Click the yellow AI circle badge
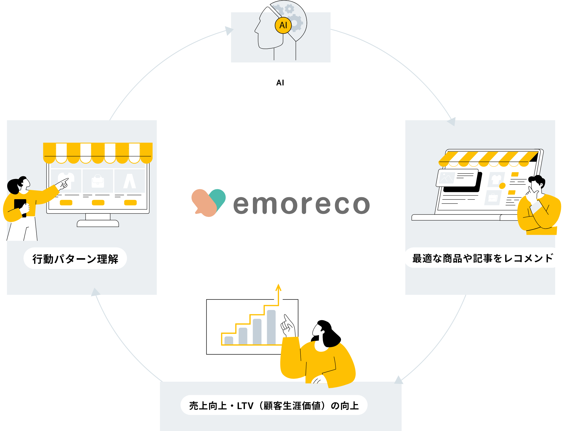coord(283,25)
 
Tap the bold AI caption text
coord(280,83)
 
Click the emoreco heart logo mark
coord(209,203)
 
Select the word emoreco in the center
coord(302,204)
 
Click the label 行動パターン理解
coord(75,259)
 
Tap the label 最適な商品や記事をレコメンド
coord(482,258)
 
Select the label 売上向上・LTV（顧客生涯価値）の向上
coord(274,406)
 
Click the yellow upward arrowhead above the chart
coord(278,288)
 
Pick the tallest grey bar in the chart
coord(271,327)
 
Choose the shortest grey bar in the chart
coord(229,340)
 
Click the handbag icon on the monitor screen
coord(98,181)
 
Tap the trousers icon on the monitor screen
coord(129,181)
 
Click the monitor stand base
coord(98,223)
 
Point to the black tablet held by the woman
coord(20,208)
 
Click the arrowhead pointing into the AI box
coord(229,31)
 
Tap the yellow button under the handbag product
coord(98,203)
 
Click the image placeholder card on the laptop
coord(457,178)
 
